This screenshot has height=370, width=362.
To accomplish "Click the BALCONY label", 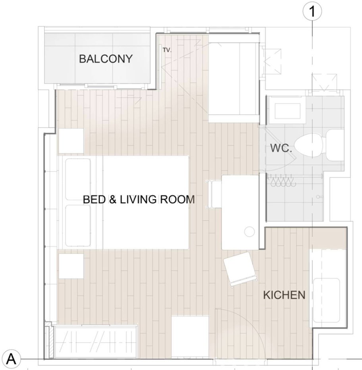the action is pos(106,59).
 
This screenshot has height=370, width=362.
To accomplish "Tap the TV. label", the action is pos(167,50).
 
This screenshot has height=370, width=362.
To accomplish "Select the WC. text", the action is pos(281,148).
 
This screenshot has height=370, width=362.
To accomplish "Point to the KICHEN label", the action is pos(284,295).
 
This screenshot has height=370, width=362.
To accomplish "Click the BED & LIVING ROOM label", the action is pos(139,199).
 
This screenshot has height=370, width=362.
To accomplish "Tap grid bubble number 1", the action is pos(312,11).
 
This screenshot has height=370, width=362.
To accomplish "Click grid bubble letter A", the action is pos(11,359).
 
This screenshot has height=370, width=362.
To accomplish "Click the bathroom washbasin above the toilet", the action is pos(287,111).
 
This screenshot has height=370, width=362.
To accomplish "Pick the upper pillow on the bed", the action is pos(78,179).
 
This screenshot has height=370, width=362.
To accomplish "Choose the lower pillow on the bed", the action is pos(78,225).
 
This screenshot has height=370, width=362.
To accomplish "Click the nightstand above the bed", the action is pos(71,141).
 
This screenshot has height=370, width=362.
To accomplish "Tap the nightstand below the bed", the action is pos(71,266).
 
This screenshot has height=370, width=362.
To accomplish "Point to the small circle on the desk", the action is pos(249,231).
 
